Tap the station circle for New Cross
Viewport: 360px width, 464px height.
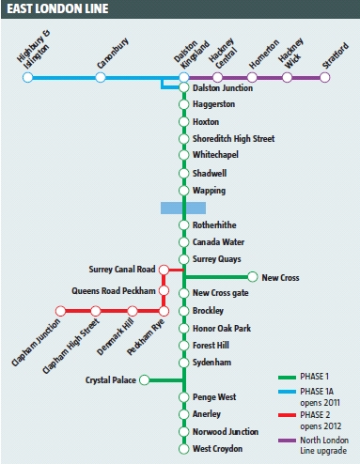click(252, 277)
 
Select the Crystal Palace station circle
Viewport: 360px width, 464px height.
click(144, 380)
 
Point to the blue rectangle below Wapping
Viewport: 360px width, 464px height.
click(183, 208)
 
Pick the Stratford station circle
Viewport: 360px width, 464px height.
click(325, 77)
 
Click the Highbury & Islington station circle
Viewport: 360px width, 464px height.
click(27, 77)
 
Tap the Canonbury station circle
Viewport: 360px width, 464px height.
click(104, 77)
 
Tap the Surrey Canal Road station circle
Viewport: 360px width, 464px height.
click(164, 270)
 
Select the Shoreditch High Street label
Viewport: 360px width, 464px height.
click(233, 139)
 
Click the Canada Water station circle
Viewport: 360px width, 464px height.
click(184, 241)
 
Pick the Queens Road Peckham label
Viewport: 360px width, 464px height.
click(114, 290)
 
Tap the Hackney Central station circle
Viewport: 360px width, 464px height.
click(218, 77)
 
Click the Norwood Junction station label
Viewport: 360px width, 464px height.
click(227, 431)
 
